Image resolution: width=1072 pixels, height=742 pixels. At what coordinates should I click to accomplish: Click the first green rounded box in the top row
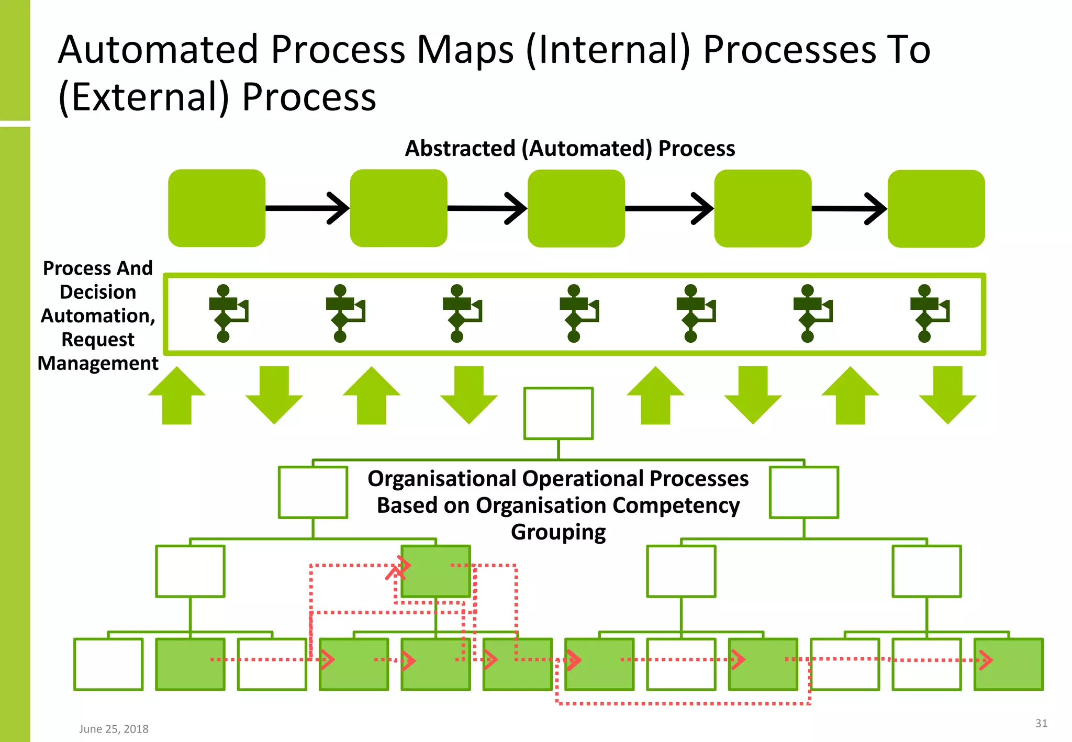216,208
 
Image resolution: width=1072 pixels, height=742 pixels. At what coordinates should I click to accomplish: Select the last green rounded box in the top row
936,208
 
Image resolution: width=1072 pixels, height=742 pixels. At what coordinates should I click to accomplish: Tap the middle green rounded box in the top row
576,208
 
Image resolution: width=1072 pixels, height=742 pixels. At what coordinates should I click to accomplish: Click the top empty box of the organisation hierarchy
558,413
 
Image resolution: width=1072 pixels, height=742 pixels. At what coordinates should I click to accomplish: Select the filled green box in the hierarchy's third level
435,571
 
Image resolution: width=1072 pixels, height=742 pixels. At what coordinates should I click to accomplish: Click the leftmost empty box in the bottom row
108,664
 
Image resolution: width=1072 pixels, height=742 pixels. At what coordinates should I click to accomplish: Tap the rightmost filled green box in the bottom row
1008,664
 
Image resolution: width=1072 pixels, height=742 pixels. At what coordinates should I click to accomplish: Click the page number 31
1041,723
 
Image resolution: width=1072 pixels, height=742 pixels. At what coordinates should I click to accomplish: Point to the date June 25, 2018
114,729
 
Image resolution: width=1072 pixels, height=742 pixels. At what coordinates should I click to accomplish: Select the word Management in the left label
98,363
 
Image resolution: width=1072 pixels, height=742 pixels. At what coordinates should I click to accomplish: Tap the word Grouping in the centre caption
558,532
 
